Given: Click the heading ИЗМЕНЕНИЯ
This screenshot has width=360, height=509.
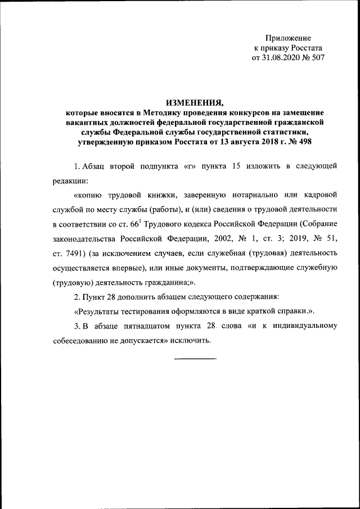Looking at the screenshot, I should [x=194, y=102].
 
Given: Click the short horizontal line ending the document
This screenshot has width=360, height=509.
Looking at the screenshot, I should [x=195, y=358].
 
